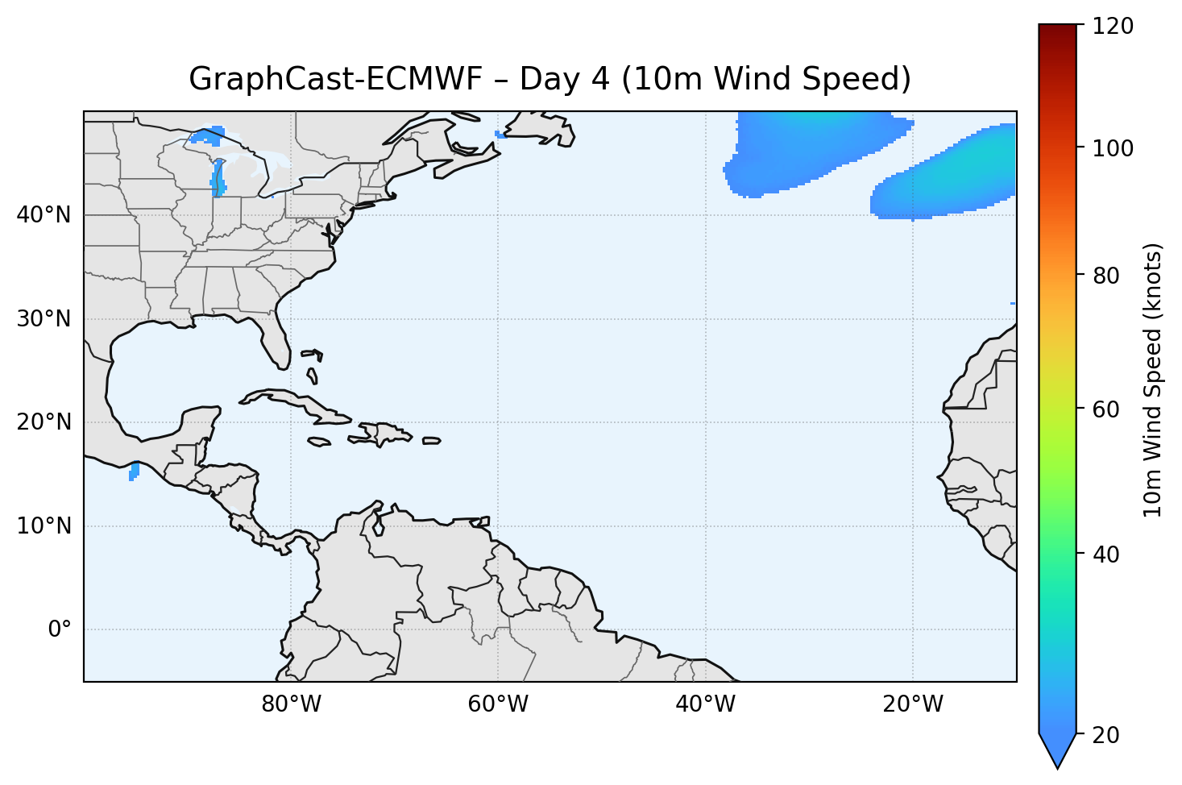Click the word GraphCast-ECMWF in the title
pyautogui.click(x=334, y=79)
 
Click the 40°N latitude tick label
pyautogui.click(x=44, y=215)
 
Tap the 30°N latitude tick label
pyautogui.click(x=44, y=319)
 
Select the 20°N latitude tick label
pyautogui.click(x=44, y=422)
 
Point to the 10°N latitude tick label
pyautogui.click(x=44, y=526)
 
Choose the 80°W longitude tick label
pyautogui.click(x=291, y=704)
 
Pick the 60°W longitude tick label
pyautogui.click(x=498, y=704)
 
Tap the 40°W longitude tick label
pyautogui.click(x=705, y=704)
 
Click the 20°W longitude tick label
pyautogui.click(x=912, y=704)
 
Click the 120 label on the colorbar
pyautogui.click(x=1115, y=27)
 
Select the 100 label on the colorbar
pyautogui.click(x=1115, y=148)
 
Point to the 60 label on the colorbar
pyautogui.click(x=1109, y=409)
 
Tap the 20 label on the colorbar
pyautogui.click(x=1109, y=735)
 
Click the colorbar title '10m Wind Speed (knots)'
pyautogui.click(x=1153, y=380)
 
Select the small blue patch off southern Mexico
pyautogui.click(x=134, y=471)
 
